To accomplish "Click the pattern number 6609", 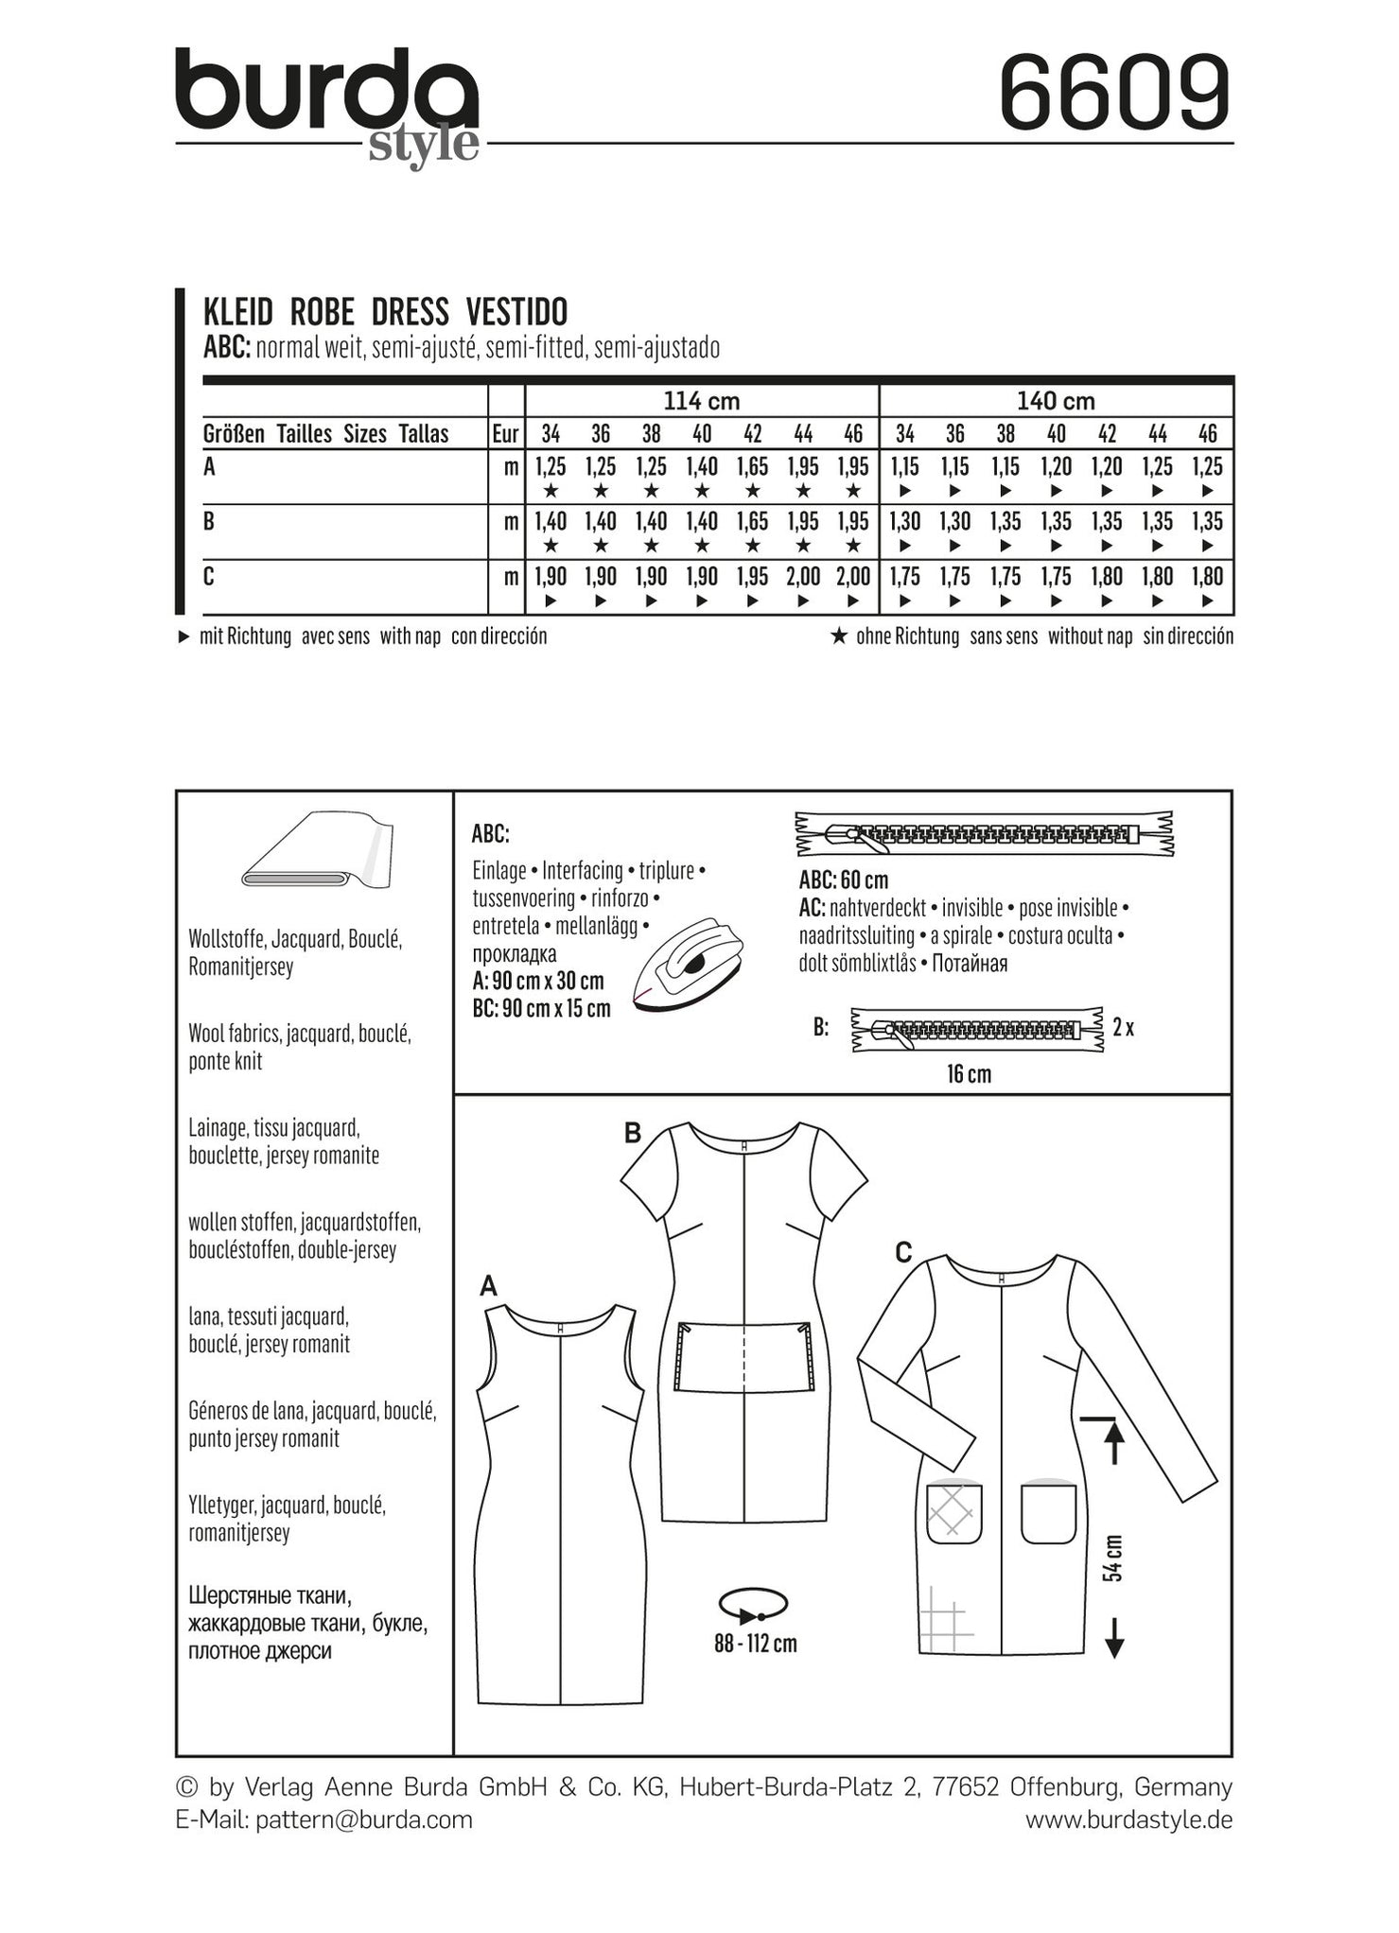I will (x=1115, y=94).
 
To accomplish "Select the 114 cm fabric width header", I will (x=701, y=401).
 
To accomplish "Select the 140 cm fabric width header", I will (x=1056, y=401).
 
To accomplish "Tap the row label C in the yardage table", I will (x=209, y=576).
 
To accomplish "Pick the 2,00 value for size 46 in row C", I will (x=853, y=577).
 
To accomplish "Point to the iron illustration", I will (x=688, y=964).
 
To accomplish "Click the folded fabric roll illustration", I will (x=317, y=851).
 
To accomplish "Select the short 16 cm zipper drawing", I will (x=977, y=1030).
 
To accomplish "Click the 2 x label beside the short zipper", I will (x=1123, y=1027).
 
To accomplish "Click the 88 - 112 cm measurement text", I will (x=756, y=1644).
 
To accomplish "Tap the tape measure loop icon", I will (x=753, y=1604).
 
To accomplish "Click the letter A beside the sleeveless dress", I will (x=489, y=1286).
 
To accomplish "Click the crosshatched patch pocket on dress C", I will (x=953, y=1513).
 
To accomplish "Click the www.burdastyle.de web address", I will (x=1128, y=1820).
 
